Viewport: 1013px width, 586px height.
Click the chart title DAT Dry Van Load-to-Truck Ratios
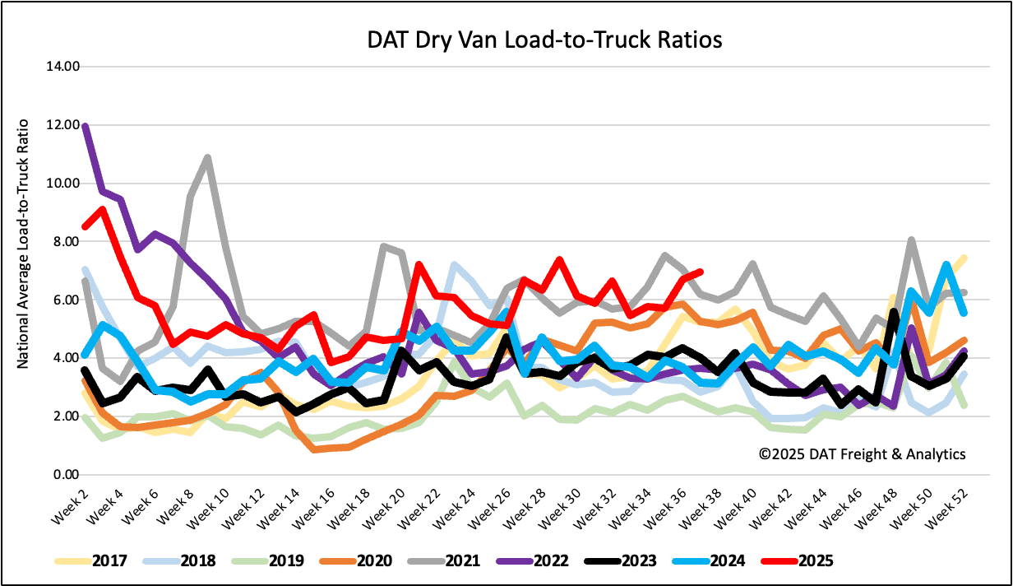(x=544, y=40)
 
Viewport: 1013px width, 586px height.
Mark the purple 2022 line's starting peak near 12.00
(x=85, y=126)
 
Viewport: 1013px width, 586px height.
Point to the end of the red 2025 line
(x=699, y=272)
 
